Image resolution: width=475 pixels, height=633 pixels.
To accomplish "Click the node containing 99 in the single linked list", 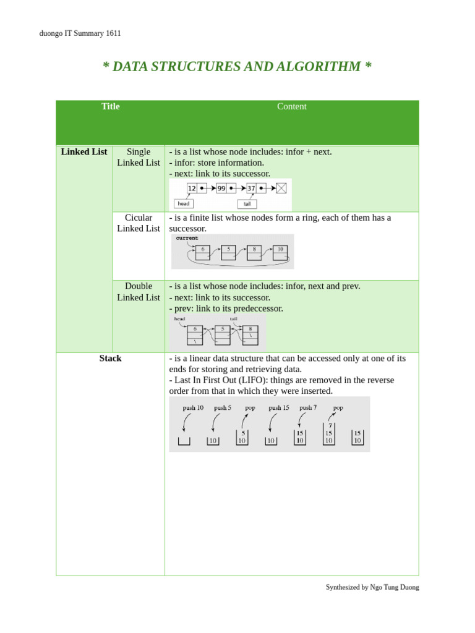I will (221, 188).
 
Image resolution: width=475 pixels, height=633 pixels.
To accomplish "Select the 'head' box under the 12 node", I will (184, 203).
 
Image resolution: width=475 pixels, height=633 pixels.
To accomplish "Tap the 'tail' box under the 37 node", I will (247, 203).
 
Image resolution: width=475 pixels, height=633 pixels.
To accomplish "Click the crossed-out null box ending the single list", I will (281, 188).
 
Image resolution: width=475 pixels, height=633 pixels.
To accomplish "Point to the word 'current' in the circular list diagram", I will (187, 238).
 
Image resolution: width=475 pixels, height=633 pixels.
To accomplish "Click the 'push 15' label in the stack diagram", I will (279, 408).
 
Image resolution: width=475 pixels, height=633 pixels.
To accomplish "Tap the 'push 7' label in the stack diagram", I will (308, 408).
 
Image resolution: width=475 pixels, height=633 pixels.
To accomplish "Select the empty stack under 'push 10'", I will (184, 441).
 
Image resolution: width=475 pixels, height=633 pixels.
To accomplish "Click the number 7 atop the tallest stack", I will (330, 426).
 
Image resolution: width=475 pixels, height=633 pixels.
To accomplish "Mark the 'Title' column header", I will (110, 106).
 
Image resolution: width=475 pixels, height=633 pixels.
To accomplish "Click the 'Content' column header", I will (291, 106).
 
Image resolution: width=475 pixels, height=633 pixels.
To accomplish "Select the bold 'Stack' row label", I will (110, 359).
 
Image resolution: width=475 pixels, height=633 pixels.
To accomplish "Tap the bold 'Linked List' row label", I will (84, 152).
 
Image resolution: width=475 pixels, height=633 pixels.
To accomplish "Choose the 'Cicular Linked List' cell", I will (139, 223).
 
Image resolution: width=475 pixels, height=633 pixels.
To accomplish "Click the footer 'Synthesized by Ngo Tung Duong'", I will (372, 587).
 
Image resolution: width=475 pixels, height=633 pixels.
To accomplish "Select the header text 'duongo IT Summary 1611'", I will (80, 33).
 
